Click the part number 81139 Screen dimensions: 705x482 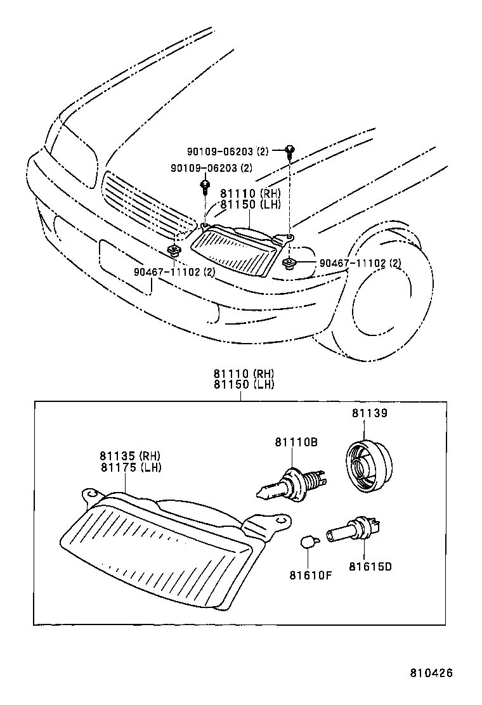tap(370, 413)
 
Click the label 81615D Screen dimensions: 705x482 tap(370, 566)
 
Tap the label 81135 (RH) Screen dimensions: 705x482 tap(130, 456)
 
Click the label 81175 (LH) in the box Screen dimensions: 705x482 tap(130, 468)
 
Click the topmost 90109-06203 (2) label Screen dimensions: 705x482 tap(228, 152)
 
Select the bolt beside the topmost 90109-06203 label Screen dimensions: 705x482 tap(290, 151)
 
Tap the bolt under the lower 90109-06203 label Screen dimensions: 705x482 tap(205, 186)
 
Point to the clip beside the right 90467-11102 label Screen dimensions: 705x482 tap(289, 262)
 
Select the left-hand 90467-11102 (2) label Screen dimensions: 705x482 tap(174, 272)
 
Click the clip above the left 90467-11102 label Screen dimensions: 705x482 tap(174, 249)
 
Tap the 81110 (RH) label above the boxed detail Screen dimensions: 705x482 tap(244, 374)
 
